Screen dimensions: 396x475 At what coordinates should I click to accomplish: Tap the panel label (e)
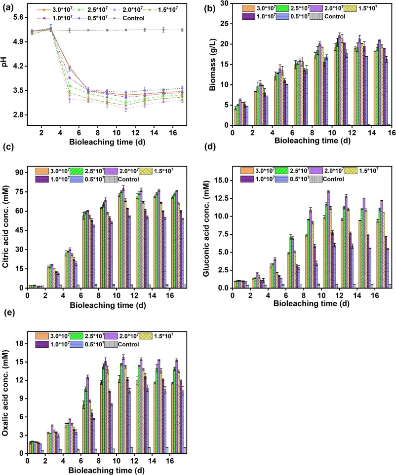click(x=8, y=312)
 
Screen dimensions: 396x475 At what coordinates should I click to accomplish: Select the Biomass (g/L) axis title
click(x=212, y=65)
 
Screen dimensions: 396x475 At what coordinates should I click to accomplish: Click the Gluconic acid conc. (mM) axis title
click(x=206, y=228)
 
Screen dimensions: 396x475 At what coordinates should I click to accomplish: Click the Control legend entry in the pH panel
click(x=133, y=18)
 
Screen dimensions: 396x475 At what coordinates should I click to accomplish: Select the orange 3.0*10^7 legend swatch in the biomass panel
click(x=248, y=8)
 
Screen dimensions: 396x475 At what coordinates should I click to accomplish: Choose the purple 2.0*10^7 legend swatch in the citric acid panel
click(x=111, y=171)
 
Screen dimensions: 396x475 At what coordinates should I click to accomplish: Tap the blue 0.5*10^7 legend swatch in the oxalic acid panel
click(x=77, y=344)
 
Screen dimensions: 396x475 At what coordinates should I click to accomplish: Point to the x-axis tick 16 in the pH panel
click(x=173, y=133)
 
